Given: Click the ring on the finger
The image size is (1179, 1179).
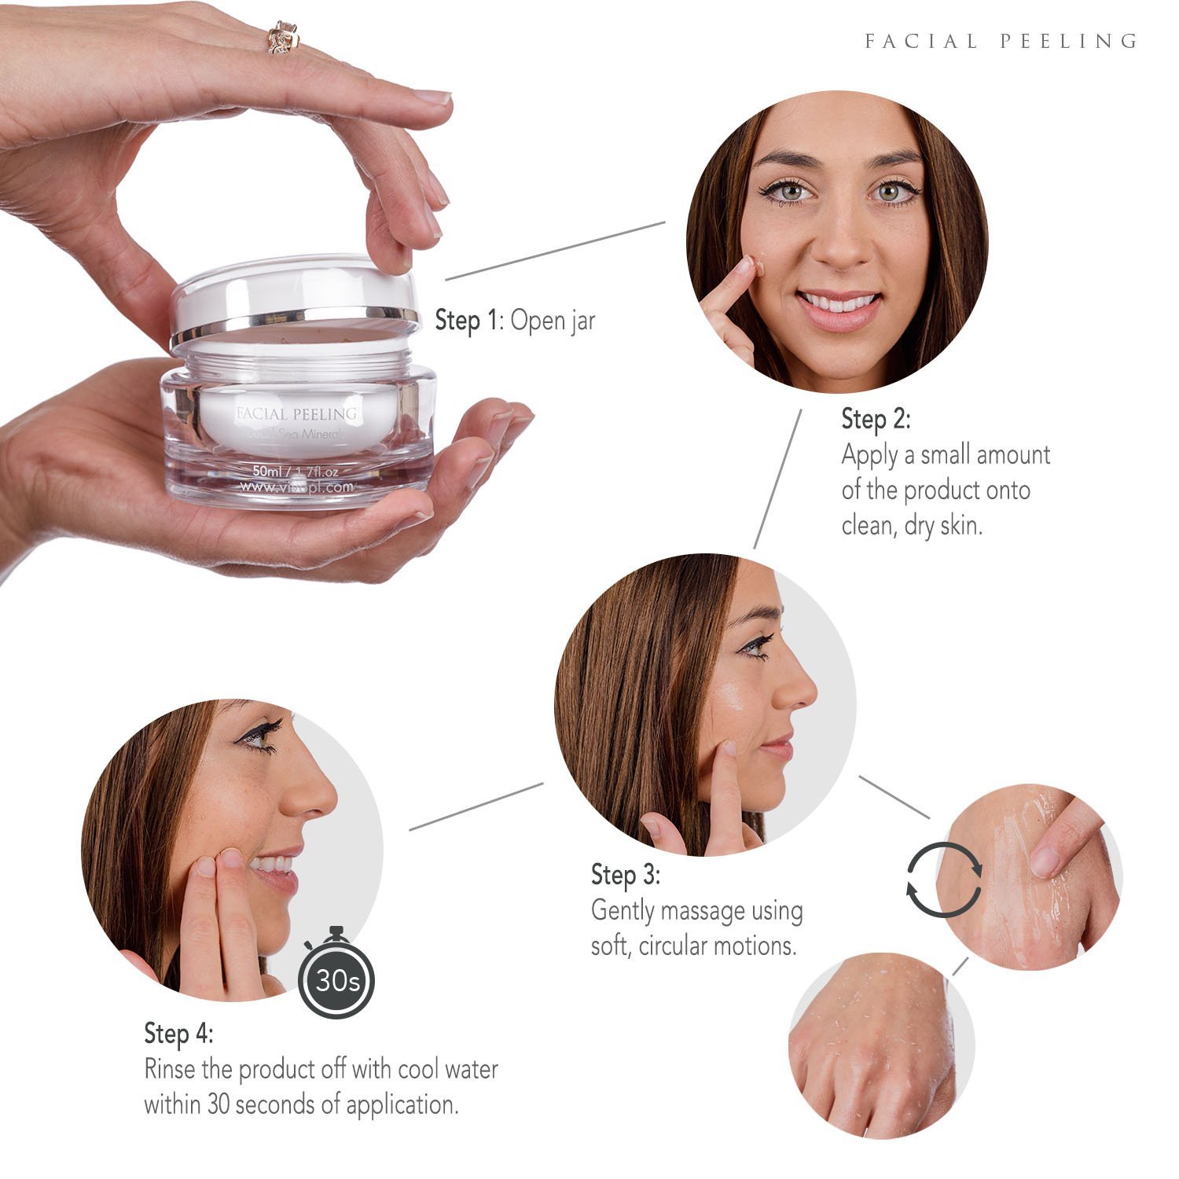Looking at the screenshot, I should tap(282, 37).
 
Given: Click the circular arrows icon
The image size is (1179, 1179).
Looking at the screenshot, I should tap(944, 880).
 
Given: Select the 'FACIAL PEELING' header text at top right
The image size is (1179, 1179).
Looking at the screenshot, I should tap(1001, 41).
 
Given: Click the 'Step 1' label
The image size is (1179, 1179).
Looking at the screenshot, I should tap(468, 321).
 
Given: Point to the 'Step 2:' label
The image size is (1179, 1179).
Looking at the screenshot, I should tap(876, 419).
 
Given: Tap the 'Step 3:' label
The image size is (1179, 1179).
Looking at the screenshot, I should tap(626, 875).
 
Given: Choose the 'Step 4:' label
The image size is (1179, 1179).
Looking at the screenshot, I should tap(178, 1033).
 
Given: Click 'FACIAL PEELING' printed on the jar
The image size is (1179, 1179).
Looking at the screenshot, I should tap(296, 413).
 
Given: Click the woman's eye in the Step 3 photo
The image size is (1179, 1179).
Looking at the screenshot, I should tap(757, 647).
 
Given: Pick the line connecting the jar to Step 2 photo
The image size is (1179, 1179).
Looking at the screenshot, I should tap(555, 251).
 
